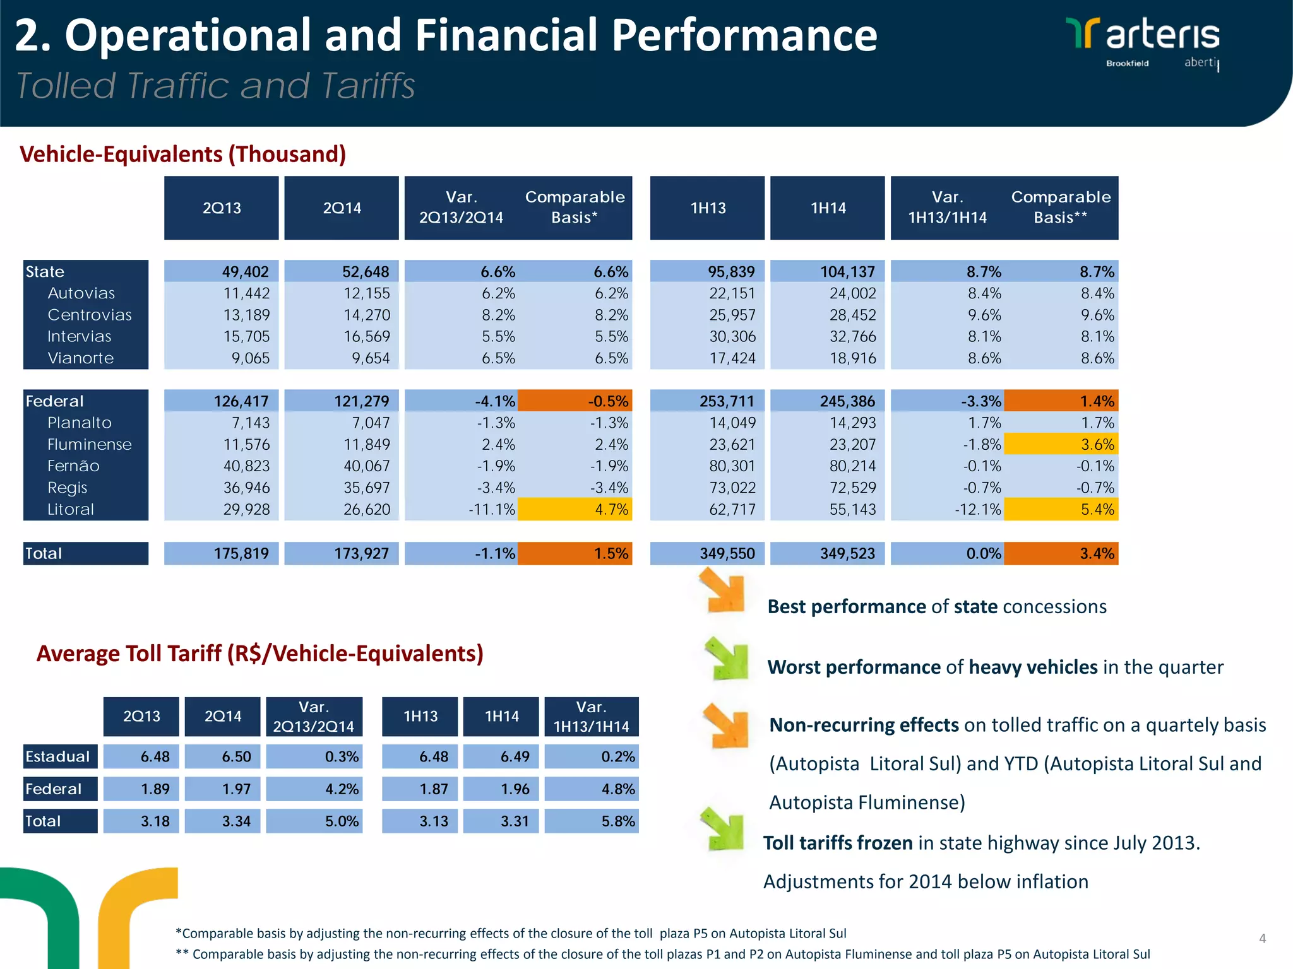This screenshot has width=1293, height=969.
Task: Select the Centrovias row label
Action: [x=90, y=315]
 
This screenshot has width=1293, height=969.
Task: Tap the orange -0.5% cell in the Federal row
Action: [x=575, y=401]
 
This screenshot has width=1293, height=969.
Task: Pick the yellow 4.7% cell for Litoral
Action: [x=575, y=509]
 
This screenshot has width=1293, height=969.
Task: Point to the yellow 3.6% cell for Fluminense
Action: [x=1061, y=444]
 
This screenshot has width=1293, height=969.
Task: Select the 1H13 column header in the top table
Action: [x=707, y=208]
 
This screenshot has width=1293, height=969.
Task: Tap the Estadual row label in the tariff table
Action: [x=58, y=756]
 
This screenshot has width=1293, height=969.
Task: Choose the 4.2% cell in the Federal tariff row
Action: [x=314, y=789]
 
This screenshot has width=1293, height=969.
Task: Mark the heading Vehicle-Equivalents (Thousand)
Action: [x=183, y=154]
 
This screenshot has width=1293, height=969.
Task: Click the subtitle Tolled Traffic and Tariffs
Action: [x=215, y=86]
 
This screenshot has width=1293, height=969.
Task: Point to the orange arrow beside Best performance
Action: [x=724, y=590]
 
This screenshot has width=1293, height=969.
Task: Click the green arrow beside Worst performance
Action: [x=727, y=658]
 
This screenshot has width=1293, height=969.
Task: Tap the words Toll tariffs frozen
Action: [x=837, y=843]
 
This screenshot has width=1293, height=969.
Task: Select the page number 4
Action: [x=1262, y=938]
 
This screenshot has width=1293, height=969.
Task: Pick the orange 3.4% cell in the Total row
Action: [x=1061, y=553]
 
